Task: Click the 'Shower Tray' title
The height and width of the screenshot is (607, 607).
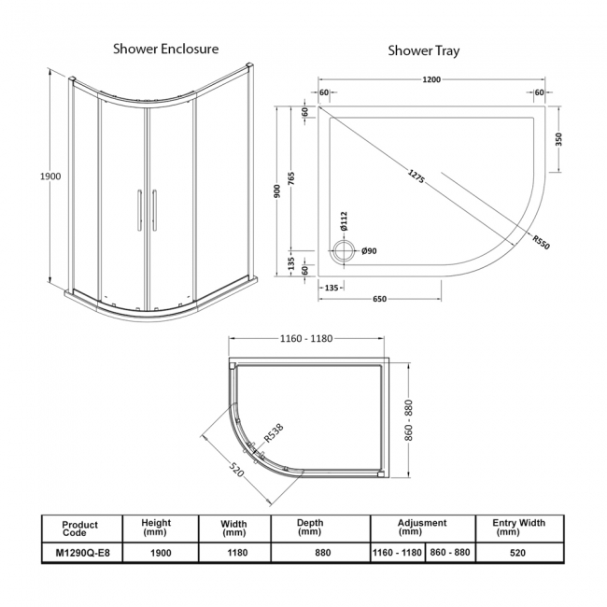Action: click(423, 50)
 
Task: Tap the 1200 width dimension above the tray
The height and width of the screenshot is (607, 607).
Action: click(431, 80)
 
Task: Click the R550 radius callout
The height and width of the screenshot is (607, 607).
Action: click(541, 241)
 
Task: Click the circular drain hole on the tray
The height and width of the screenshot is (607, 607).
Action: click(346, 250)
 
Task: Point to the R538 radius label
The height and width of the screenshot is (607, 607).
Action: click(274, 431)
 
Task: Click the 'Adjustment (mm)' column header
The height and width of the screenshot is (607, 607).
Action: click(421, 527)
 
